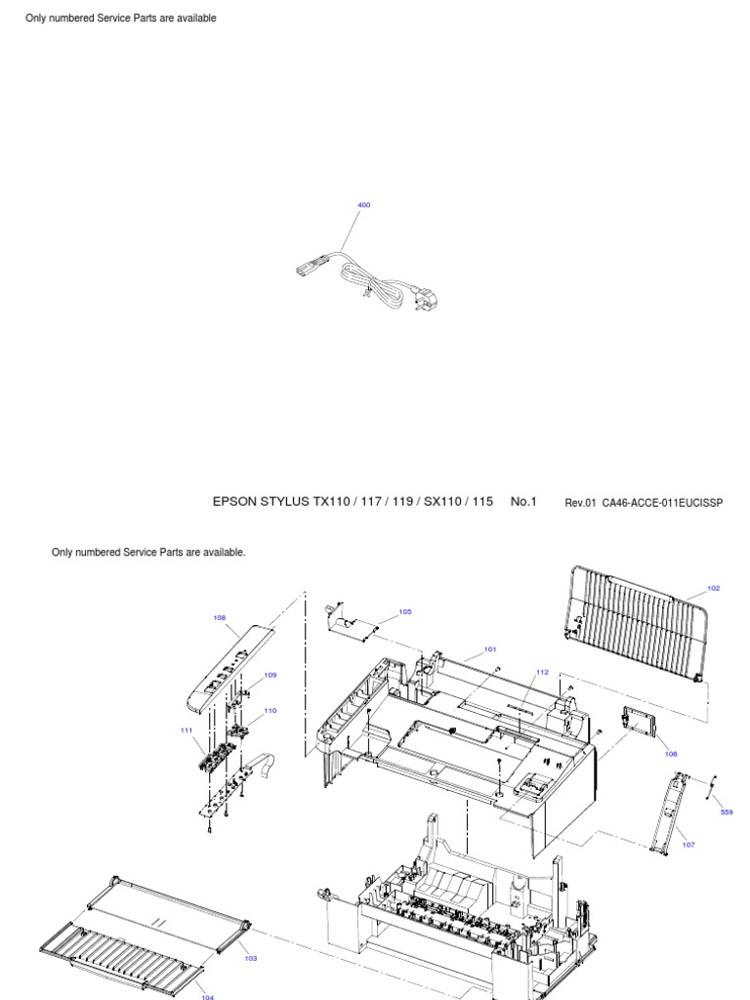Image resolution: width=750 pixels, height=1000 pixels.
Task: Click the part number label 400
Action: (x=364, y=205)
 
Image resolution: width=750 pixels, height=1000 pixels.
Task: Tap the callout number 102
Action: (x=713, y=588)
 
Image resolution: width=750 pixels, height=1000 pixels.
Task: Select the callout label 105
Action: (x=405, y=612)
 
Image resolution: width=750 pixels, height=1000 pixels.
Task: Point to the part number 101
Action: (x=489, y=648)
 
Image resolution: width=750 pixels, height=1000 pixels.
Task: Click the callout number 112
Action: (x=543, y=672)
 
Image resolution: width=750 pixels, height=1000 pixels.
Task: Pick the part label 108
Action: (x=220, y=617)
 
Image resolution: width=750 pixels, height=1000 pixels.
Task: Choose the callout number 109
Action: (x=270, y=675)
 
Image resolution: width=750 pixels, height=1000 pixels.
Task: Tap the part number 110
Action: (x=270, y=710)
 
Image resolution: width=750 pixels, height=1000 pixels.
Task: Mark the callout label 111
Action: (x=186, y=729)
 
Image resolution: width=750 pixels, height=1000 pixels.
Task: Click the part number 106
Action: (x=670, y=754)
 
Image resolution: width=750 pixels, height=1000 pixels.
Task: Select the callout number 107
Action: (x=688, y=845)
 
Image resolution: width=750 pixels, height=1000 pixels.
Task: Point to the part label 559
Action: (x=727, y=812)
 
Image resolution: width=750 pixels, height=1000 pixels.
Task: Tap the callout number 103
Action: (x=250, y=958)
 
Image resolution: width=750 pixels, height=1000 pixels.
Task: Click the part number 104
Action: (x=207, y=996)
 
